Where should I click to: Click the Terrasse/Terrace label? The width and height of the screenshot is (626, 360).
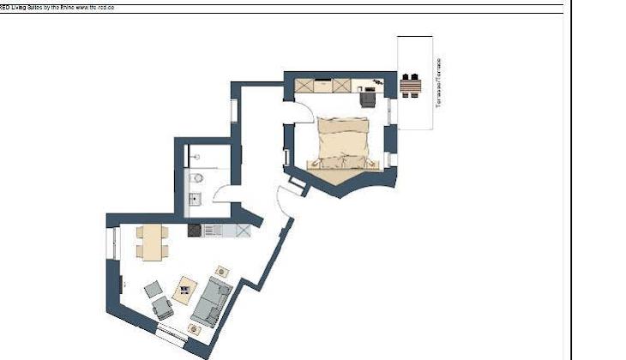[438, 82]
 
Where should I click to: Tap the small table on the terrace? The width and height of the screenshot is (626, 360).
[412, 85]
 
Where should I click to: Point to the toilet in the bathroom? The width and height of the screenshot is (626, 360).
[197, 178]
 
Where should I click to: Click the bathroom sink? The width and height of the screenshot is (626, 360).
[195, 200]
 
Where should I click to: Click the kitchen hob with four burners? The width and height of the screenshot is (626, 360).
[195, 230]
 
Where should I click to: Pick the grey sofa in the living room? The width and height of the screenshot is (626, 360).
[209, 304]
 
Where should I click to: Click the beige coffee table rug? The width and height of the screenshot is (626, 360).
[185, 289]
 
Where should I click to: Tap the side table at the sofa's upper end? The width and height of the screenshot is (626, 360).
[222, 272]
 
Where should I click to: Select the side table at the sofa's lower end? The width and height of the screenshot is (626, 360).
[195, 328]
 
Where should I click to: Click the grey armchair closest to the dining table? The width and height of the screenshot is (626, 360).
[154, 290]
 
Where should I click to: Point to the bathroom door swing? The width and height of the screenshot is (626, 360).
[222, 204]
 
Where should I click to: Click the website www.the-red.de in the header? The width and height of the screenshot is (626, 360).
[94, 7]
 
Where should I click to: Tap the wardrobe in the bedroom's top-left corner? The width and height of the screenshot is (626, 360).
[307, 85]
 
